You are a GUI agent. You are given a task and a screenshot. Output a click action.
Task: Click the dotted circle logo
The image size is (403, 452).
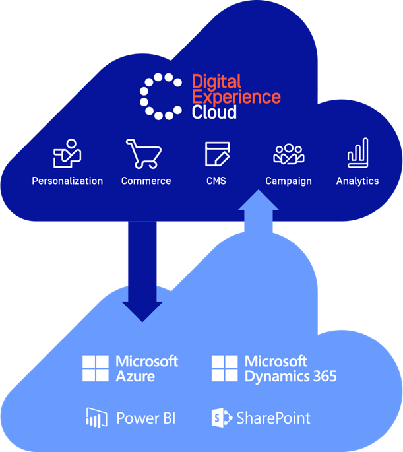coord(160,96)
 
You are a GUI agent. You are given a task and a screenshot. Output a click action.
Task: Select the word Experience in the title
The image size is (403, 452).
coord(236,97)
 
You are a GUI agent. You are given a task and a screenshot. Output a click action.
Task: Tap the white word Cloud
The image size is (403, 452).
coord(214,112)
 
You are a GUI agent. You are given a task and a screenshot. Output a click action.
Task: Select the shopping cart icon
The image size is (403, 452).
coord(145,154)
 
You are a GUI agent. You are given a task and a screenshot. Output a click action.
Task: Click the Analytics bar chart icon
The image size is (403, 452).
coord(357,153)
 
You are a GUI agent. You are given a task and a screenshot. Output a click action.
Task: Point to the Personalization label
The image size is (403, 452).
coord(67,181)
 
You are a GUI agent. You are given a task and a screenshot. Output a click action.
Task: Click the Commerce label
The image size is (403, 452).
coord(146,181)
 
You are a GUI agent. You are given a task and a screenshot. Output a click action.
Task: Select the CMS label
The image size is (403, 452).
coord(216,181)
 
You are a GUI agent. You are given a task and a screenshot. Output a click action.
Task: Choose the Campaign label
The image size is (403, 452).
coord(288,181)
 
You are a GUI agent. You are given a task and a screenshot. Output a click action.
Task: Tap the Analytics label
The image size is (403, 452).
coord(357,181)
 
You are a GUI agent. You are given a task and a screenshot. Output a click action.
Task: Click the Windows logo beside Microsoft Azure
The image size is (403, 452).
coord(96,369)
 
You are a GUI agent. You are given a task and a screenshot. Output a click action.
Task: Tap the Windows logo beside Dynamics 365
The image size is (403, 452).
coord(224,369)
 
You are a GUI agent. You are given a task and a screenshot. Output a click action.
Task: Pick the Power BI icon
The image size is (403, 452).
coord(96,418)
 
